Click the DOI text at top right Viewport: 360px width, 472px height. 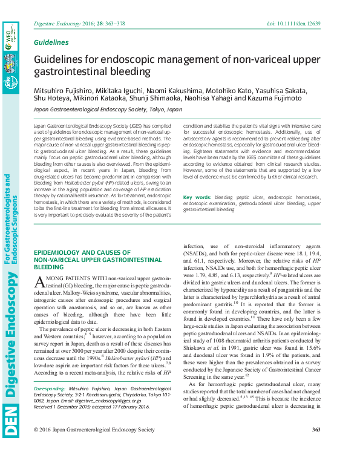point(295,24)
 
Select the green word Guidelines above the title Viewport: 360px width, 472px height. point(51,43)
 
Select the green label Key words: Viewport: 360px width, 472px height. point(197,197)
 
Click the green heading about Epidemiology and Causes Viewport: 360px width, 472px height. point(82,259)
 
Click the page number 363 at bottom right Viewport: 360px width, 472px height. point(315,430)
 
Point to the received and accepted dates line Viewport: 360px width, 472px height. point(91,406)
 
